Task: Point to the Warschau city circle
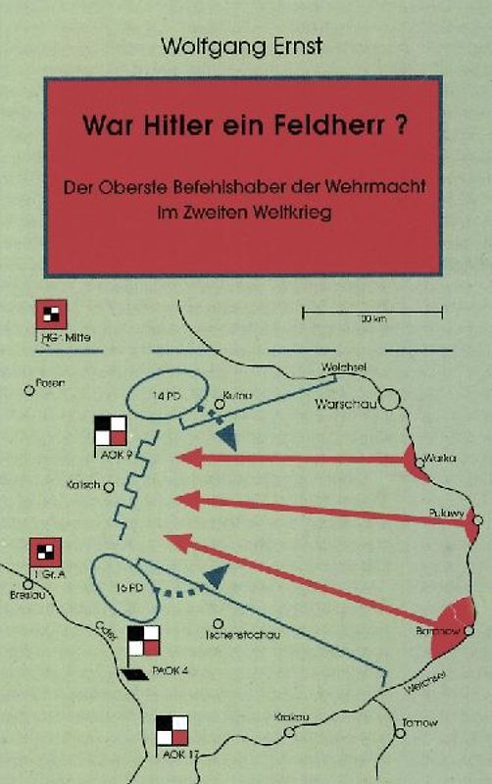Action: point(390,400)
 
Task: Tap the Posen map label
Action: point(49,383)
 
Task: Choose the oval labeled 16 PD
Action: point(127,587)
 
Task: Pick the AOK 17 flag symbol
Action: point(172,730)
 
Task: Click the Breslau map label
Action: point(23,595)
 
